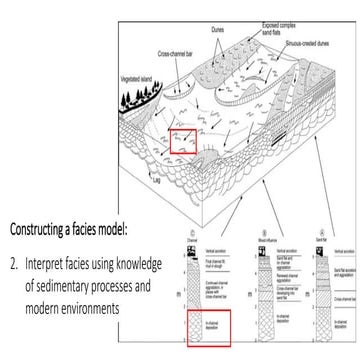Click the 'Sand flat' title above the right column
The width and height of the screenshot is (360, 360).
point(327,238)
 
